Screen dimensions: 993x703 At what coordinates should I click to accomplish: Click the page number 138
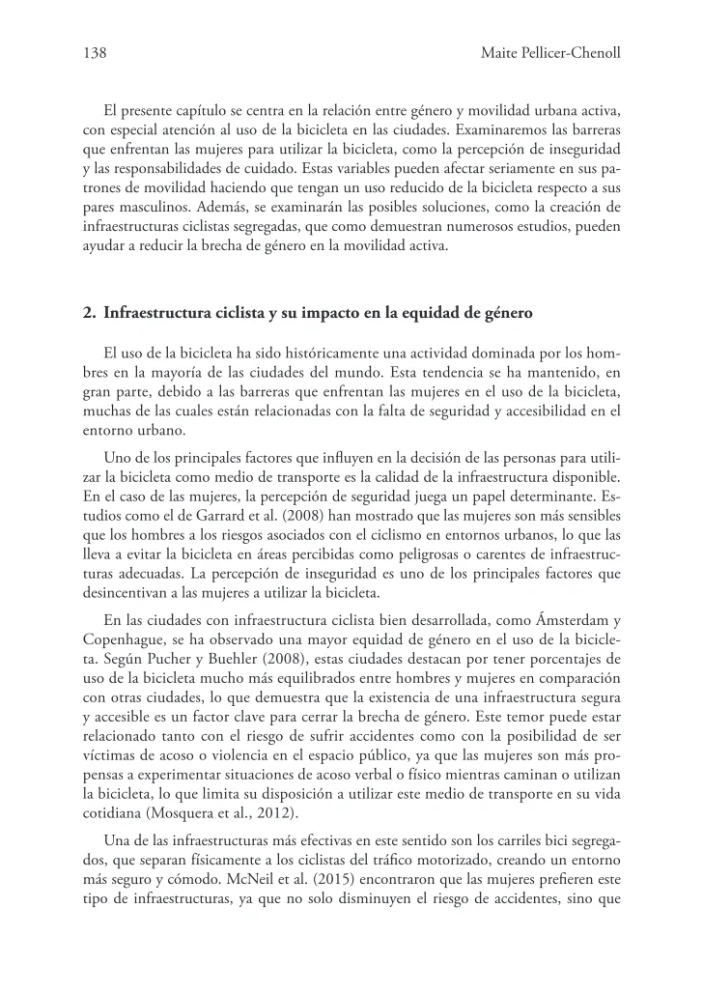(x=95, y=54)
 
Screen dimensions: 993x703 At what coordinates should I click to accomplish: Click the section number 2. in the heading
(x=90, y=312)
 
